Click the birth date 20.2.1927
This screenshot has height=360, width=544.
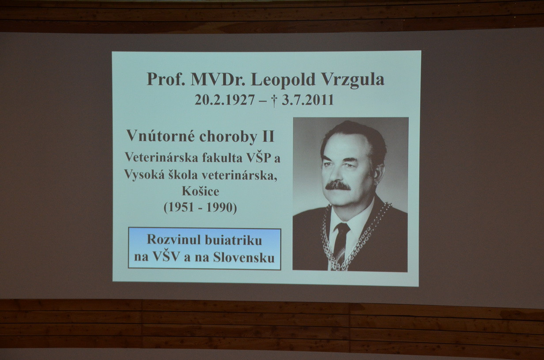pos(225,100)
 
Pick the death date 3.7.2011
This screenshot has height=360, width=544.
pos(308,100)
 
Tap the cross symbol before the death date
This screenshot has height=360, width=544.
pos(274,101)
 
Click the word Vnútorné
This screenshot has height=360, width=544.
pos(161,136)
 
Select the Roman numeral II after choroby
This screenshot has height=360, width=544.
pos(268,136)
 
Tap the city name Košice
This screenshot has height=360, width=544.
pos(200,191)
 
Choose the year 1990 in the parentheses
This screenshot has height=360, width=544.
pos(220,208)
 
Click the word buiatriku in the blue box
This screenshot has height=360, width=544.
pos(233,240)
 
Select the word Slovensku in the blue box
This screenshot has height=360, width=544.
pos(244,258)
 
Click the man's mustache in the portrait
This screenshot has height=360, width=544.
pos(338,186)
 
